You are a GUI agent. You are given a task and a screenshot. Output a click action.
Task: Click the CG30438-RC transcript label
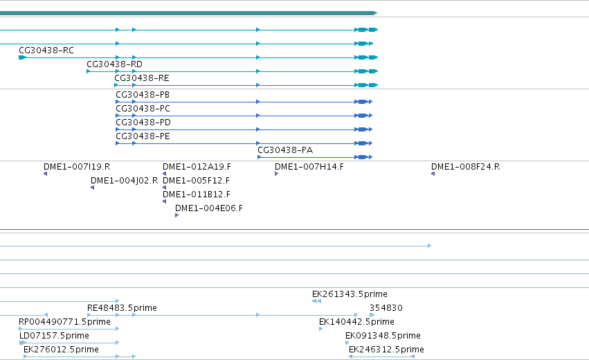(46, 51)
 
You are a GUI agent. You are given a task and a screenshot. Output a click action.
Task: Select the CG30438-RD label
(115, 64)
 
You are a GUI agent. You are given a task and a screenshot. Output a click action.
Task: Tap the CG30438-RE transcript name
(142, 78)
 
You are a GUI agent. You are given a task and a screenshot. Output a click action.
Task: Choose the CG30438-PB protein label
(143, 95)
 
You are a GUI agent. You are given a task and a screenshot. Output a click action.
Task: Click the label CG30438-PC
(143, 109)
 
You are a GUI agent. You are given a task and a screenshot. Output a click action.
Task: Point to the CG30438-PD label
(143, 123)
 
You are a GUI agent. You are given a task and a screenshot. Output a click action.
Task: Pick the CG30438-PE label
(143, 136)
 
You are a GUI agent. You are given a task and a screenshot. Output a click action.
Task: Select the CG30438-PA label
(285, 150)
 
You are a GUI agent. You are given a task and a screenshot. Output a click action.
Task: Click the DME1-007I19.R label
(77, 167)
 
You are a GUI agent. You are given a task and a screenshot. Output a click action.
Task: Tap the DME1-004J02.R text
(125, 181)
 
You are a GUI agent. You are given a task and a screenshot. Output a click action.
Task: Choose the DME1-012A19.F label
(197, 167)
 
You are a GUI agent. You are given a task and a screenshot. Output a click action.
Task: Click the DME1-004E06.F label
(209, 208)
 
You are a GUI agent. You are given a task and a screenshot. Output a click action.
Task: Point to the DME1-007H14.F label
(309, 167)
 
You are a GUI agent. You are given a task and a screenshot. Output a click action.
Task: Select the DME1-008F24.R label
(465, 167)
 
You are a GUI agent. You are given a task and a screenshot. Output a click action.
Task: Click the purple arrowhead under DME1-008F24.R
(433, 174)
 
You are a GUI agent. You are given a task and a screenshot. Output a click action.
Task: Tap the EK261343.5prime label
(350, 294)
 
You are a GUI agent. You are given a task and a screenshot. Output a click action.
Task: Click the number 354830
(386, 308)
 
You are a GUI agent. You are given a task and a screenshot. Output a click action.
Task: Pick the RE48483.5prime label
(122, 308)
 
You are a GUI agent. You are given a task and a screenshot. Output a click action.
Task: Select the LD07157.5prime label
(54, 336)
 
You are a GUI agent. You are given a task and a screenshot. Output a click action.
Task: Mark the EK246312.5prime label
(386, 350)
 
